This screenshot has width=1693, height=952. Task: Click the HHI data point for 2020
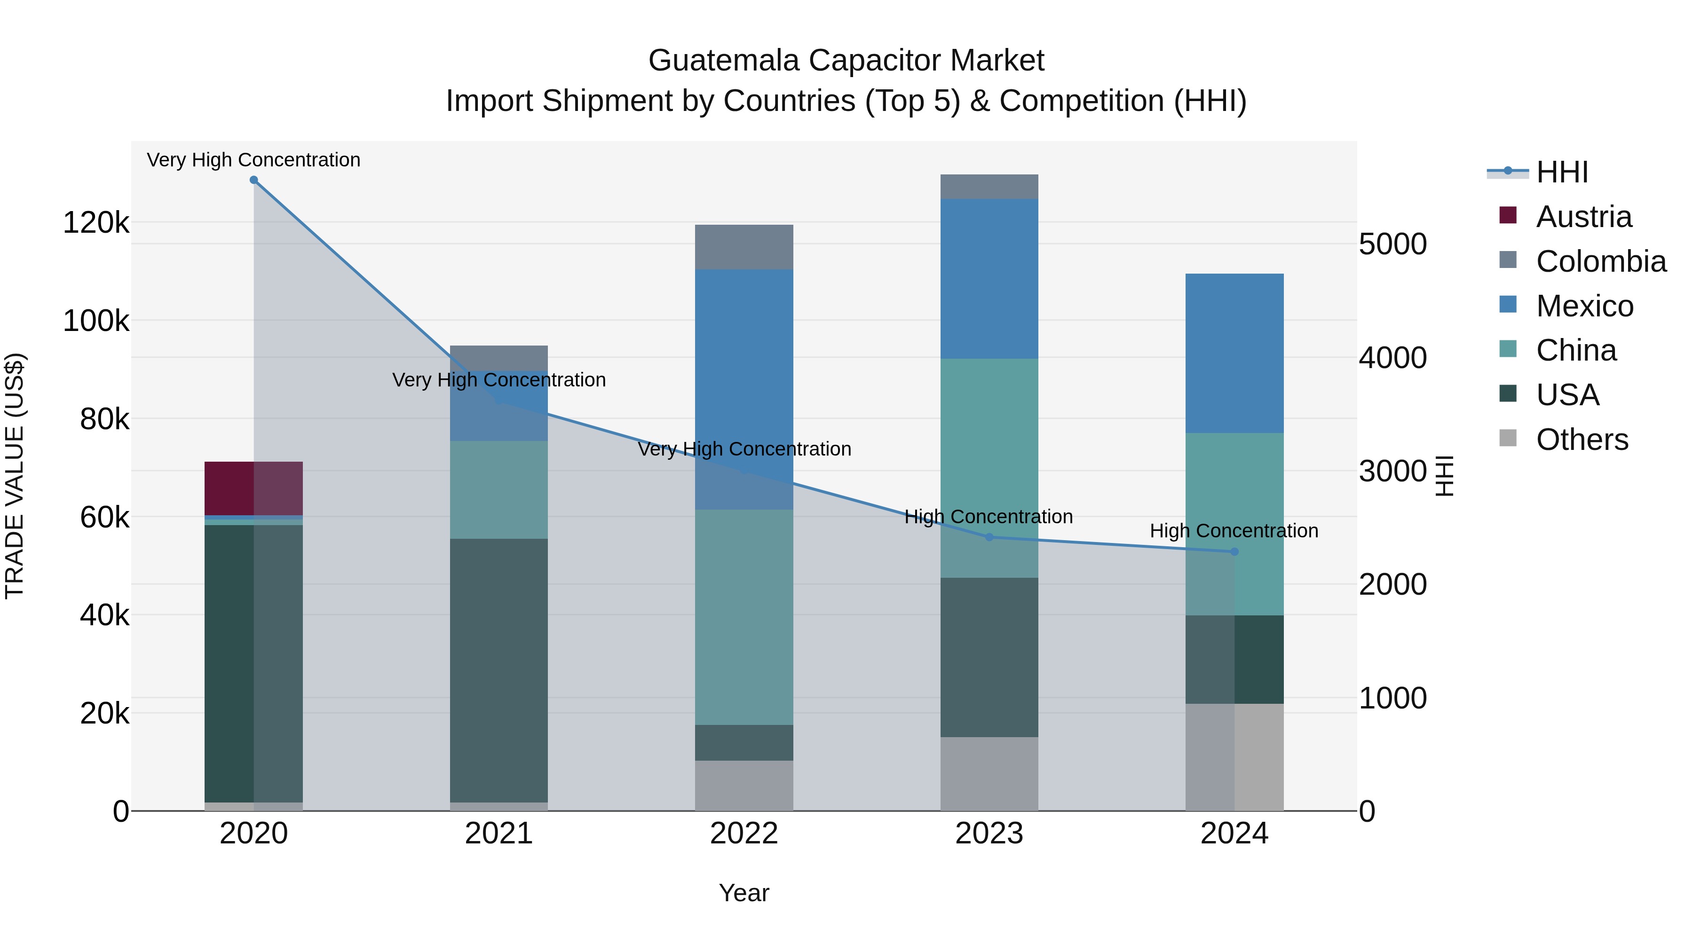click(253, 180)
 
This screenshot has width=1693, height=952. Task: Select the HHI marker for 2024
click(1234, 552)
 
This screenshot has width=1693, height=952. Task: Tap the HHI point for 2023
click(989, 537)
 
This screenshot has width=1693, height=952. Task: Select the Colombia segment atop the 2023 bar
click(989, 187)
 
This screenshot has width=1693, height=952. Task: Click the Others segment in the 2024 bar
click(1234, 757)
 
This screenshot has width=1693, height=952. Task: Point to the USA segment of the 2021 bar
click(499, 670)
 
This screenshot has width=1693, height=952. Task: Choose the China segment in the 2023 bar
click(989, 468)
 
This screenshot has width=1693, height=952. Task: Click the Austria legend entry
click(1583, 217)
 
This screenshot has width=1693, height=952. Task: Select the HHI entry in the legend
click(1561, 172)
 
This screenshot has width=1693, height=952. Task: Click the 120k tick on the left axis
click(96, 223)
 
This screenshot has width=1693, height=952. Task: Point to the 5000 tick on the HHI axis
click(1392, 244)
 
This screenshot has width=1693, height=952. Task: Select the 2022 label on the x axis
click(744, 834)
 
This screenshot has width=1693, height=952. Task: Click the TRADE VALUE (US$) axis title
click(15, 476)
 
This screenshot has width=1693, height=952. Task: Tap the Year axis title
click(744, 893)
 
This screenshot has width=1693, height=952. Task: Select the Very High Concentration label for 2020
click(253, 160)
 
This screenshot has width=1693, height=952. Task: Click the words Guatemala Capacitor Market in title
click(846, 61)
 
